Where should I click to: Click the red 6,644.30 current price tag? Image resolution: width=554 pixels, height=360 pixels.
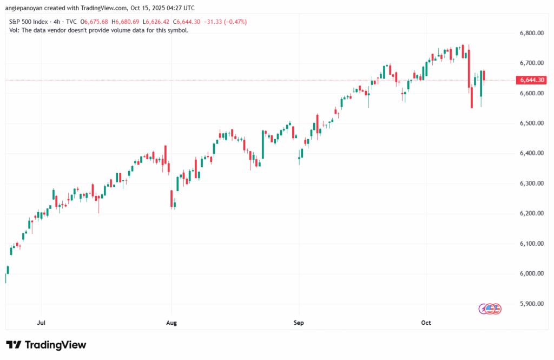(x=532, y=80)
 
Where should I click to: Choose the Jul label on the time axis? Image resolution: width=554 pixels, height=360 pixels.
(x=41, y=323)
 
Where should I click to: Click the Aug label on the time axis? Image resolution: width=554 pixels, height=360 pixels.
(x=171, y=323)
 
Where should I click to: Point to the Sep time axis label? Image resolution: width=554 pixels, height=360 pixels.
(x=299, y=323)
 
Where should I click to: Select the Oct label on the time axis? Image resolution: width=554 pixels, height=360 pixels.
(x=426, y=323)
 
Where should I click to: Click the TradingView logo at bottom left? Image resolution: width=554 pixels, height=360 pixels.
(x=46, y=345)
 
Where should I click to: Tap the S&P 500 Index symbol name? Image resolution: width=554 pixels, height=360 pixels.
(x=29, y=22)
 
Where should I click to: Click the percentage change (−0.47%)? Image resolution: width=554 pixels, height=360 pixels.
(x=234, y=22)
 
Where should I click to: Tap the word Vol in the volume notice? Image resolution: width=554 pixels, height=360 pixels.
(x=15, y=30)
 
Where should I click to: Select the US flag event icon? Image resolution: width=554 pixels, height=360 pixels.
(x=490, y=309)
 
